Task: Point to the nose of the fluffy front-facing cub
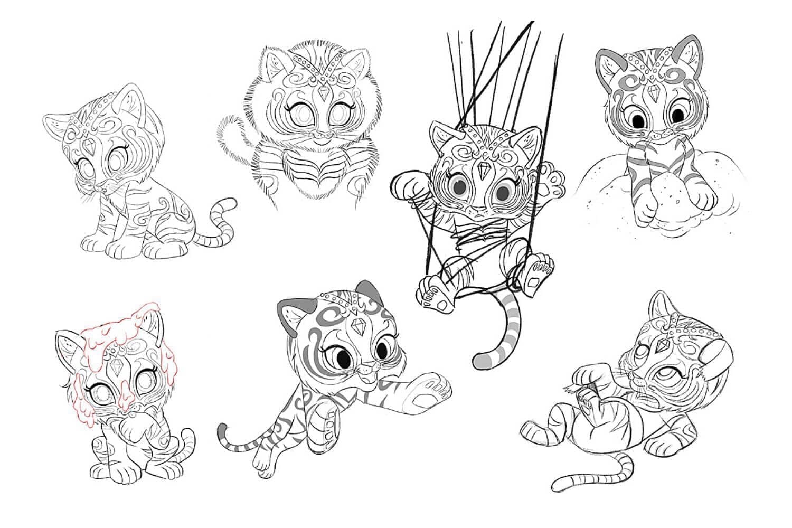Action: click(x=319, y=136)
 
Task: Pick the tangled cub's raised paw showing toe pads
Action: click(x=552, y=182)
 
